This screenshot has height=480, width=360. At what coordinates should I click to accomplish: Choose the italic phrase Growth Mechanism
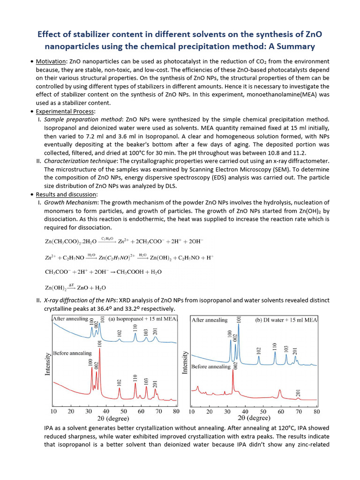[x=67, y=203]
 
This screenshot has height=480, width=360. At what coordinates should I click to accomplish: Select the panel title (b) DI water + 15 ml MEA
[x=286, y=320]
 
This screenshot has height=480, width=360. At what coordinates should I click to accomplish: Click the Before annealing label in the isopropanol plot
[x=73, y=353]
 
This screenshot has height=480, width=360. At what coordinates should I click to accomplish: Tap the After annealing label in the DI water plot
[x=210, y=320]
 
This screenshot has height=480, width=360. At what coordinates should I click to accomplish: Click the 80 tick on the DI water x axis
[x=317, y=412]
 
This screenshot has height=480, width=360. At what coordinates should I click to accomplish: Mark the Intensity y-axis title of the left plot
[x=47, y=364]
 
